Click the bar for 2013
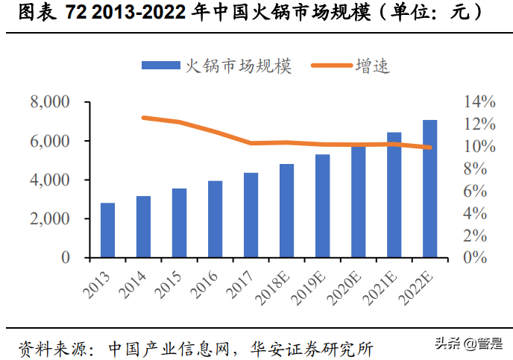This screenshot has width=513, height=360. (x=107, y=230)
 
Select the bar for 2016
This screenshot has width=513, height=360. (x=215, y=219)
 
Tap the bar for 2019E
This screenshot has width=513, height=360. (x=322, y=206)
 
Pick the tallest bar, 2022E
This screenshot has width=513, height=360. (x=429, y=189)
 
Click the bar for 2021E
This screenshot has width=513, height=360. (x=394, y=195)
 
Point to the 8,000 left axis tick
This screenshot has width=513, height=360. (x=49, y=101)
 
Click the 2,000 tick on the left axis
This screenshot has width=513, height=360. (x=49, y=219)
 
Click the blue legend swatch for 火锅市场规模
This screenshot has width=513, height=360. (x=161, y=66)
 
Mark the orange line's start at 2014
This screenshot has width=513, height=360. (x=143, y=118)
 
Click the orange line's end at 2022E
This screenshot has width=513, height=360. (x=429, y=148)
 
